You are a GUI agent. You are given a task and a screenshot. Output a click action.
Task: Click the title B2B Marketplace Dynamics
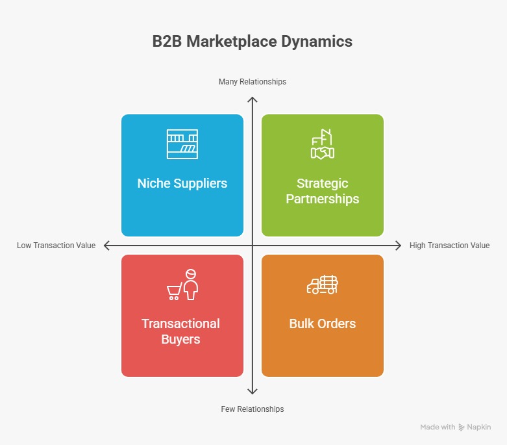point(253,42)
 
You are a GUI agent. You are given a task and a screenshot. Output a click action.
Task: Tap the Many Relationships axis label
point(253,82)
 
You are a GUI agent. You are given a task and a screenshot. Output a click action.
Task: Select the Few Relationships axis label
point(253,409)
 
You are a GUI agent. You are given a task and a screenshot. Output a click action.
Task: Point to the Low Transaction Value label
point(56,246)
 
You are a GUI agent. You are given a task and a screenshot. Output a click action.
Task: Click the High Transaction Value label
point(449,246)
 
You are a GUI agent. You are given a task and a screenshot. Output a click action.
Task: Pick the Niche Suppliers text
point(182,183)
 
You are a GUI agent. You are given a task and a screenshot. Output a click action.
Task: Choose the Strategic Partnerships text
point(323,191)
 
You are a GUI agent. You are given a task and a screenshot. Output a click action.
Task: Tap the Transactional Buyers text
point(181,331)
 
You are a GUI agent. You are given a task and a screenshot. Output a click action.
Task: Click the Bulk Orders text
point(323,324)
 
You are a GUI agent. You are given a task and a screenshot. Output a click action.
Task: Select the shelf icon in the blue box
point(182,144)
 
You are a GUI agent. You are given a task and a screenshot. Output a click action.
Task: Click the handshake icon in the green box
point(323,151)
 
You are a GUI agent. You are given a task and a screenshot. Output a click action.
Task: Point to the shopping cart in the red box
point(174,293)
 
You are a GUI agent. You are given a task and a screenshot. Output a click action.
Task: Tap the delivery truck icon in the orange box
point(323,285)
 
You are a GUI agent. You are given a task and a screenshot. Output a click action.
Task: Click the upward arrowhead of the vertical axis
point(253,99)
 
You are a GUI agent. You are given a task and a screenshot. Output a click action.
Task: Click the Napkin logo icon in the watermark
point(462,427)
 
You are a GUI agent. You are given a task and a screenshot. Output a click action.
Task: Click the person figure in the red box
point(190,285)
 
